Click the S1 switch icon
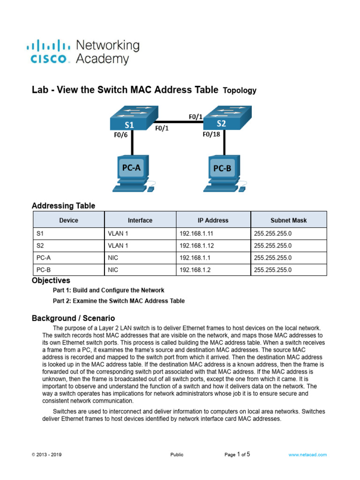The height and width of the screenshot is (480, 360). [131, 120]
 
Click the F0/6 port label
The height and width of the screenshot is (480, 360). [122, 135]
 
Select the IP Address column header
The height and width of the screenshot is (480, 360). [213, 220]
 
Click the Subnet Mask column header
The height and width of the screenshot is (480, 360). [288, 220]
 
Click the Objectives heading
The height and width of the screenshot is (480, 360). [51, 281]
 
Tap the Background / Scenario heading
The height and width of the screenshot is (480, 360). [73, 318]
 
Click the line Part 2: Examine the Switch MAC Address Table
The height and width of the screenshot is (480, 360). [119, 301]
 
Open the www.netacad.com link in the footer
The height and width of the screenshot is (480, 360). [307, 455]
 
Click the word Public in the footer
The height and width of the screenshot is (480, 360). [177, 455]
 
